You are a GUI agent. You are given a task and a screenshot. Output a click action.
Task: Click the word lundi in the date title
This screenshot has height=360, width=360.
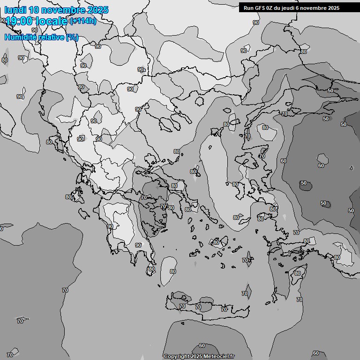(x=15, y=10)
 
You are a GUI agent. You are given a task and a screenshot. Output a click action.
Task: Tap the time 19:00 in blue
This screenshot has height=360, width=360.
(x=19, y=21)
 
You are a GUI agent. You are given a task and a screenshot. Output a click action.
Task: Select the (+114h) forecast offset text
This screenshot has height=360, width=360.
(x=82, y=21)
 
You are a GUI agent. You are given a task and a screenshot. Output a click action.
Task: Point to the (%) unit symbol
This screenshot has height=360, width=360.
(x=72, y=37)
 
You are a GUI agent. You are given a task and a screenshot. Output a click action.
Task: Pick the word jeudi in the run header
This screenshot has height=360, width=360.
(x=295, y=8)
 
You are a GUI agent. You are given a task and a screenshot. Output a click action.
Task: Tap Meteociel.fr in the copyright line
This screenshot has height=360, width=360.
(x=219, y=356)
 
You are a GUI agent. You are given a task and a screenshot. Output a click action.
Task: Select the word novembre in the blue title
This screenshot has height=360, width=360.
(x=63, y=10)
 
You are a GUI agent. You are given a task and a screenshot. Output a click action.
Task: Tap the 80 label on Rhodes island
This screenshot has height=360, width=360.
(x=297, y=273)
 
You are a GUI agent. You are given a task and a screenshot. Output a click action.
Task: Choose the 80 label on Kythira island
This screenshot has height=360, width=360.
(x=151, y=270)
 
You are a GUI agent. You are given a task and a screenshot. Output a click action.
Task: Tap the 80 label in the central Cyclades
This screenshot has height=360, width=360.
(x=216, y=242)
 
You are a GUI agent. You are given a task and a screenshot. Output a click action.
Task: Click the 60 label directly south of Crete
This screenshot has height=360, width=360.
(x=202, y=345)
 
